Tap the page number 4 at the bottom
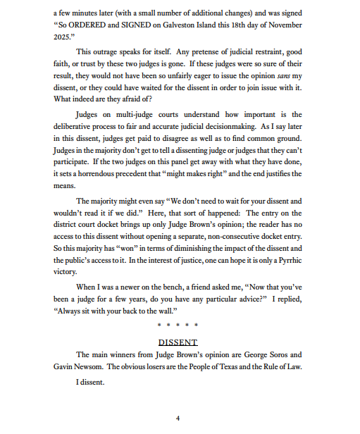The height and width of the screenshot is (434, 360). [178, 418]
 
